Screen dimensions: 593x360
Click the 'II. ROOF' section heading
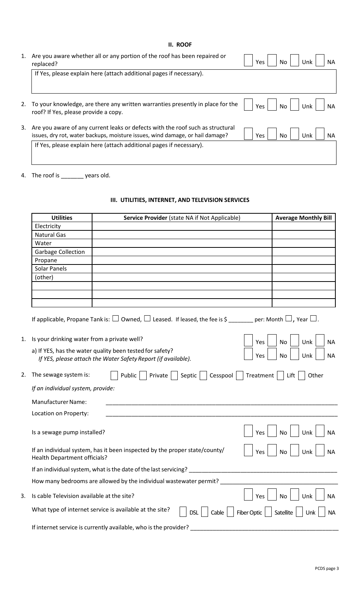click(180, 45)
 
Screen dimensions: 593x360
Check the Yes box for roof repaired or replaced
click(248, 61)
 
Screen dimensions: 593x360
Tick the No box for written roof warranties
click(272, 105)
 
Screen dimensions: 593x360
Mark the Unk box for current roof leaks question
click(295, 134)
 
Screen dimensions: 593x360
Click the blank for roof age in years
click(72, 175)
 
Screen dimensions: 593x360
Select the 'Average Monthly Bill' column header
click(304, 217)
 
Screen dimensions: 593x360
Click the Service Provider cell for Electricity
click(182, 226)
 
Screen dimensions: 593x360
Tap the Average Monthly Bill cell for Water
click(304, 243)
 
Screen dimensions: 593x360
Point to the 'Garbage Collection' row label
click(60, 252)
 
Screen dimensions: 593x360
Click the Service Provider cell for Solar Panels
click(182, 269)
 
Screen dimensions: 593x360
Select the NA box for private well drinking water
click(320, 341)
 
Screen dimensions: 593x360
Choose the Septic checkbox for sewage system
click(174, 375)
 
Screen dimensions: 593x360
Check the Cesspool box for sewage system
click(203, 375)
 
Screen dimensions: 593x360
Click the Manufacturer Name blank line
click(221, 402)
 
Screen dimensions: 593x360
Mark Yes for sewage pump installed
click(248, 431)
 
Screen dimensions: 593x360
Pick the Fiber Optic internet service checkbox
click(230, 512)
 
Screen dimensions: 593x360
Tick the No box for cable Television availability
click(272, 495)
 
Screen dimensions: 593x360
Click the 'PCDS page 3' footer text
click(327, 568)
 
